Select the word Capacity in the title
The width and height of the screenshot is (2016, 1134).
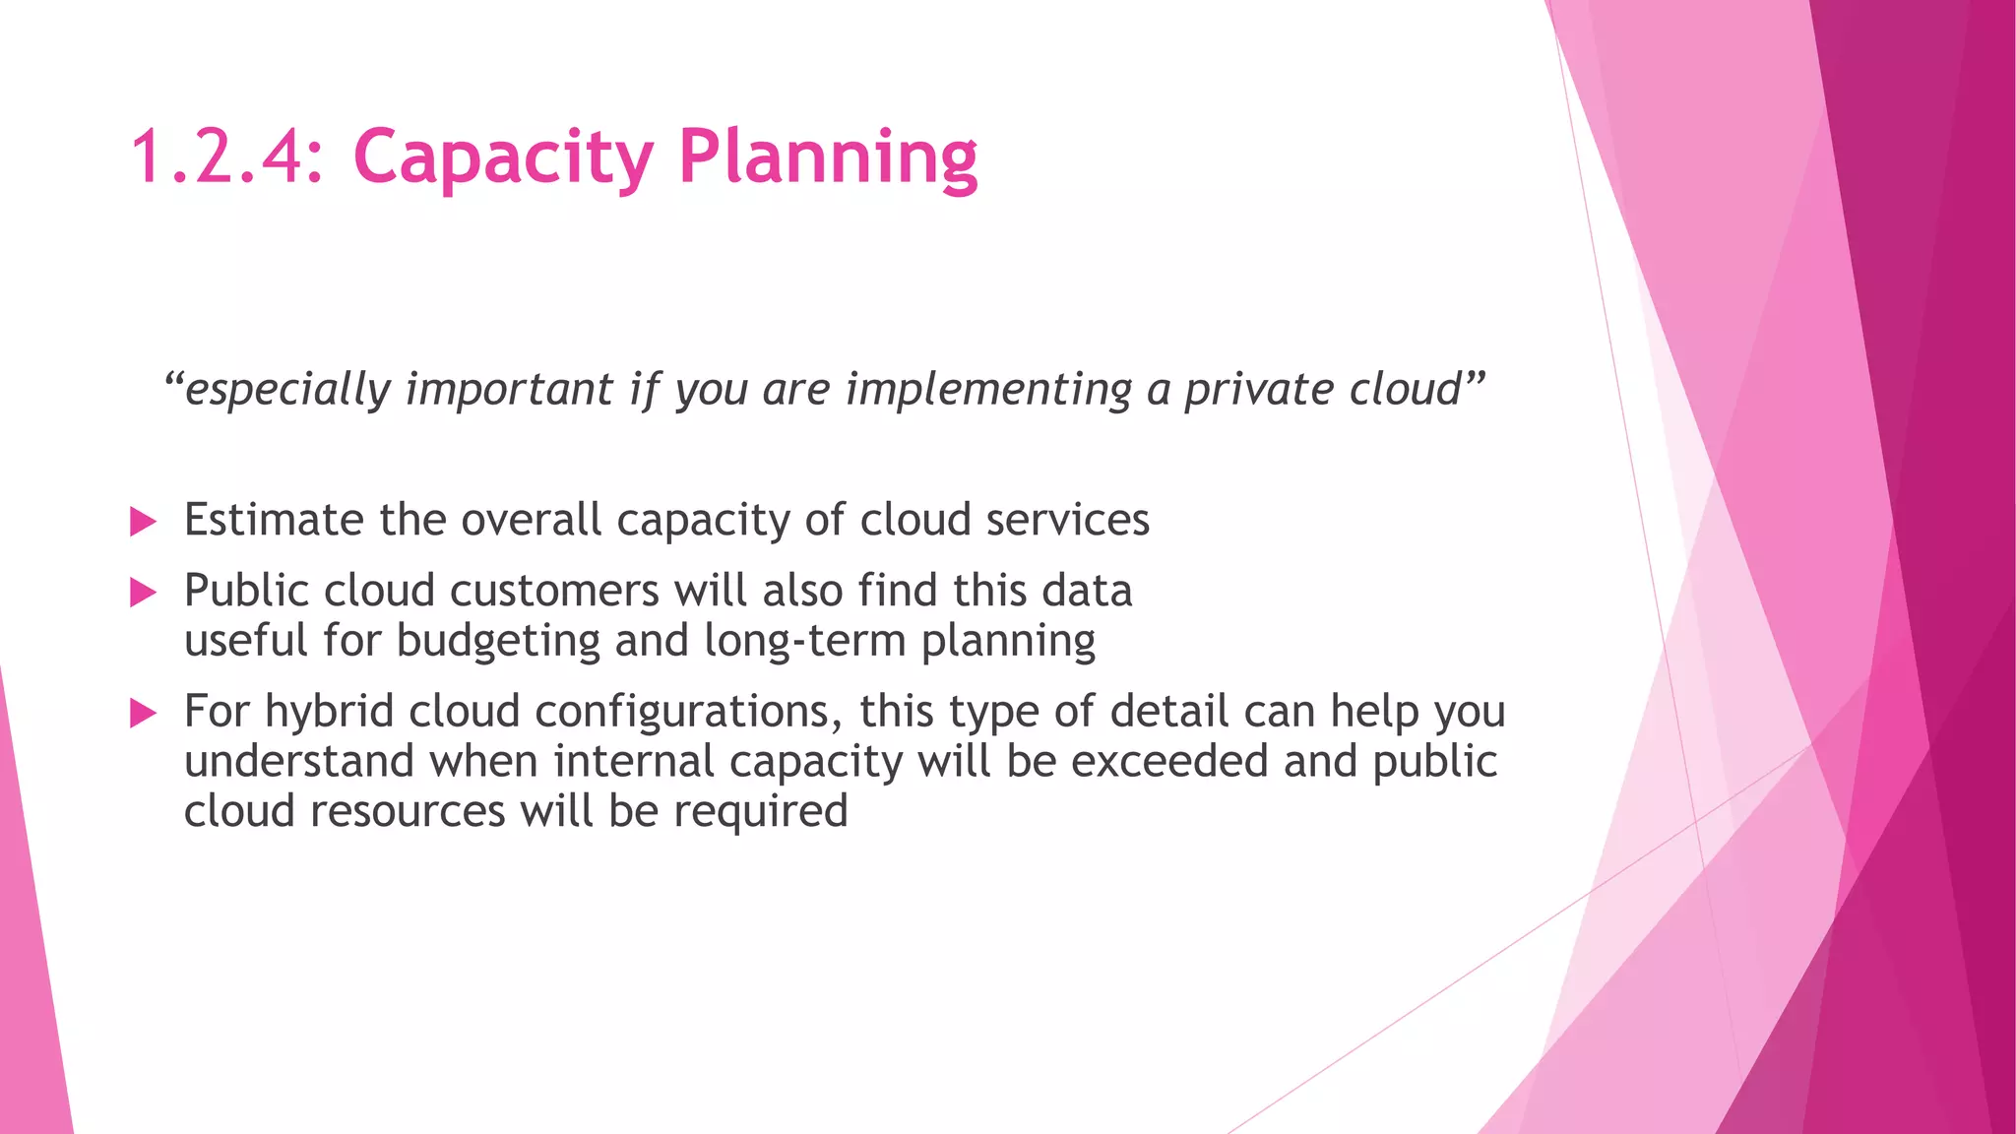tap(502, 157)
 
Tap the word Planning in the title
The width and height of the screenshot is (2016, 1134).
tap(828, 157)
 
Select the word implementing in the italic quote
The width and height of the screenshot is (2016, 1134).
tap(988, 390)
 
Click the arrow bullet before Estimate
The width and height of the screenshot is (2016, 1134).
tap(143, 522)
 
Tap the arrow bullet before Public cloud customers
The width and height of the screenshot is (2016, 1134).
tap(143, 593)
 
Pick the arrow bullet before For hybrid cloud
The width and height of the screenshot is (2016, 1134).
tap(143, 714)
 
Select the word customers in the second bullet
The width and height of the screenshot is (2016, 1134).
tap(554, 591)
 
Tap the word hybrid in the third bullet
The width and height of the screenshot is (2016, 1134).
tap(329, 712)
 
